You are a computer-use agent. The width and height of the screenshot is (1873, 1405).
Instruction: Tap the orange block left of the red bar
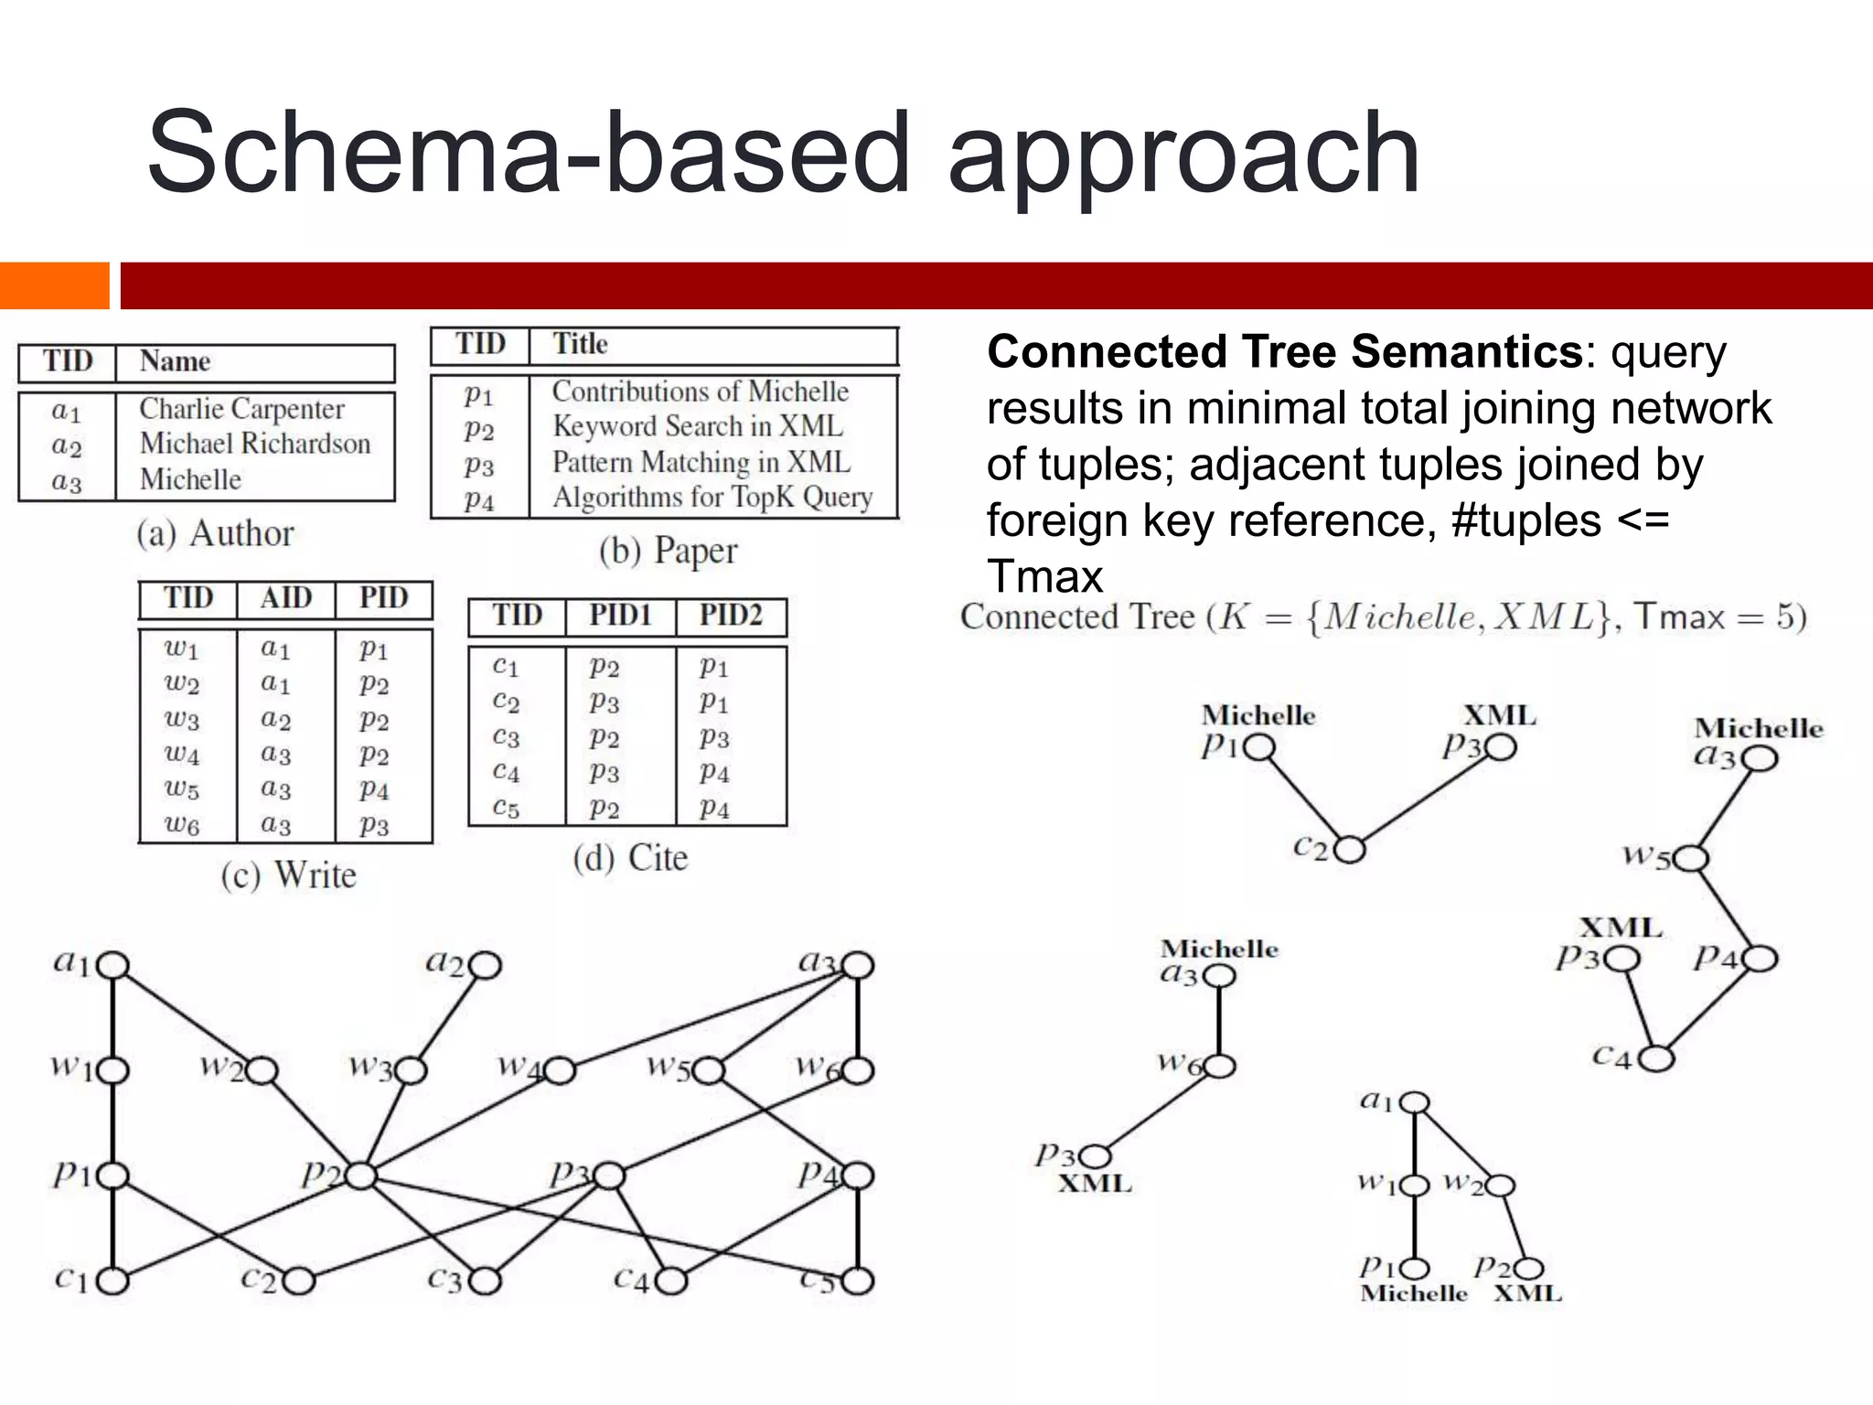pos(54,285)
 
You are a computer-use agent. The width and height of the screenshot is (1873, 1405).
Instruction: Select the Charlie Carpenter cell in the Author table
pos(241,409)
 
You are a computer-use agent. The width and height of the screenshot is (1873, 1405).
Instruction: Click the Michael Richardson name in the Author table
pos(255,444)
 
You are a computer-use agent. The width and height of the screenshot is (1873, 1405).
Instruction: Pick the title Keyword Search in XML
pos(698,426)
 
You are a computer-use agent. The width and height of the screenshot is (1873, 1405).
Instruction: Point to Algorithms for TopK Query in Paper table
pos(712,498)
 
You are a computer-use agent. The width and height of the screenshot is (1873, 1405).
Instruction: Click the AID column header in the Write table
pos(285,598)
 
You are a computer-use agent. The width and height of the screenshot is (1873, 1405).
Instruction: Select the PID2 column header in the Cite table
pos(731,615)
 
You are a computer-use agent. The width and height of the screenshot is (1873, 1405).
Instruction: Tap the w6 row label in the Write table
pos(182,825)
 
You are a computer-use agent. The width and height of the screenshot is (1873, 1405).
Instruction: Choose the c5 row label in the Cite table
pos(506,809)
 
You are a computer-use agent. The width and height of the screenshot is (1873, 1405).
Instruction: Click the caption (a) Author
pos(216,533)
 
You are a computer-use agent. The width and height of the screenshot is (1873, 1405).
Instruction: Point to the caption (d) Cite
pos(630,858)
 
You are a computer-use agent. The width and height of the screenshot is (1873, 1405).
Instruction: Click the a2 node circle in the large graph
pos(486,965)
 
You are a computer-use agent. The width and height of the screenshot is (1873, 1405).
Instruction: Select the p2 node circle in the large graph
pos(361,1175)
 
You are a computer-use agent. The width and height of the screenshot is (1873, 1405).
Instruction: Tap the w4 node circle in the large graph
pos(560,1070)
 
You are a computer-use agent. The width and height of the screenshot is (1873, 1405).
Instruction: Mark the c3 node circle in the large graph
pos(486,1281)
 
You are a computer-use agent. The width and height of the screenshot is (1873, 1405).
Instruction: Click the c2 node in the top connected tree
pos(1350,851)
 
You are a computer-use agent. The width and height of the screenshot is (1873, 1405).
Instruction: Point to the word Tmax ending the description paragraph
pos(1045,577)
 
